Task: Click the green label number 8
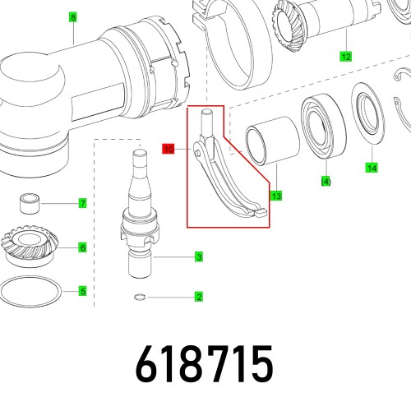pyautogui.click(x=72, y=16)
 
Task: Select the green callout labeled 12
pyautogui.click(x=345, y=57)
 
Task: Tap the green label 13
pyautogui.click(x=276, y=196)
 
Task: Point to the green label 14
pyautogui.click(x=372, y=168)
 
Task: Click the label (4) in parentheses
pyautogui.click(x=326, y=181)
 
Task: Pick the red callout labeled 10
pyautogui.click(x=169, y=150)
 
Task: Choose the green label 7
pyautogui.click(x=82, y=203)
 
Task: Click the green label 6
pyautogui.click(x=82, y=247)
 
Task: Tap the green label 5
pyautogui.click(x=82, y=290)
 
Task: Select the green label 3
pyautogui.click(x=199, y=257)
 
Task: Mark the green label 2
pyautogui.click(x=199, y=297)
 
